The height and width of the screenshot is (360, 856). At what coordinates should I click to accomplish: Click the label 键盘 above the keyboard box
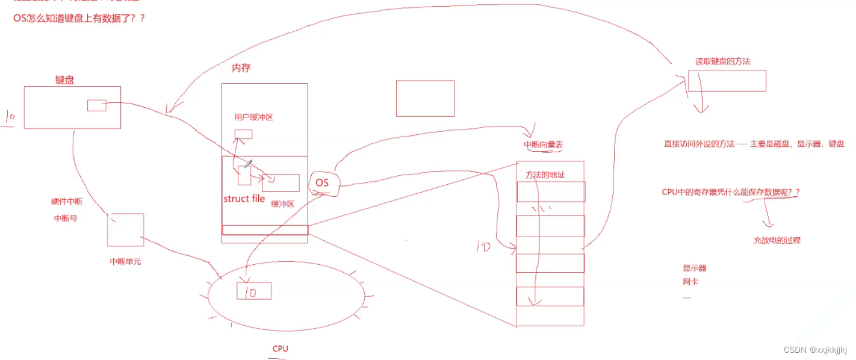pyautogui.click(x=64, y=80)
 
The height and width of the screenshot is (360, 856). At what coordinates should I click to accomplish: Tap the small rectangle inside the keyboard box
pyautogui.click(x=96, y=105)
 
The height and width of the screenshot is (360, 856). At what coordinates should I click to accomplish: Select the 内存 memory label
pyautogui.click(x=241, y=69)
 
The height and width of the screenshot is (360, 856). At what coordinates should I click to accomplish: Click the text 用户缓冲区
pyautogui.click(x=253, y=117)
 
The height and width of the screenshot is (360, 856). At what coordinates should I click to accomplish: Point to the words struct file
pyautogui.click(x=244, y=199)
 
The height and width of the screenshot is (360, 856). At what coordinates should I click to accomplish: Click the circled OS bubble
pyautogui.click(x=323, y=182)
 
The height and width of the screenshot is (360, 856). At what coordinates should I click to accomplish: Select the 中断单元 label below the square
pyautogui.click(x=125, y=262)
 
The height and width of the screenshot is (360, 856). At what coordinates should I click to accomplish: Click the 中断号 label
pyautogui.click(x=66, y=219)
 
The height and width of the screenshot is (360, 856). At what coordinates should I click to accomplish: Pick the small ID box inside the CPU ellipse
pyautogui.click(x=253, y=291)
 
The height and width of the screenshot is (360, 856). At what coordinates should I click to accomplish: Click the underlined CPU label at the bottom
pyautogui.click(x=280, y=349)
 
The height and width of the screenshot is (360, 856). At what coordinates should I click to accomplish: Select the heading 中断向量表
pyautogui.click(x=544, y=145)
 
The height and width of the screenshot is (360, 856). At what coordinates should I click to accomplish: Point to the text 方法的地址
pyautogui.click(x=545, y=175)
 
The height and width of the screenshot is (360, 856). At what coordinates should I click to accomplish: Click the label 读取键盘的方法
pyautogui.click(x=722, y=61)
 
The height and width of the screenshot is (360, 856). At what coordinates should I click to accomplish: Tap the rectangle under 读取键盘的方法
pyautogui.click(x=727, y=81)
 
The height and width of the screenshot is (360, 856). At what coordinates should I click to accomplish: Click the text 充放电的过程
pyautogui.click(x=777, y=240)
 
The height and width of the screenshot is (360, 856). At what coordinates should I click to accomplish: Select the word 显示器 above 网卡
pyautogui.click(x=694, y=268)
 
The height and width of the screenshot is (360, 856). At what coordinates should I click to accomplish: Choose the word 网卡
pyautogui.click(x=690, y=282)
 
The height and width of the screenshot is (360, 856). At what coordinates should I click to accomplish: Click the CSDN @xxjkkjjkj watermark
pyautogui.click(x=819, y=350)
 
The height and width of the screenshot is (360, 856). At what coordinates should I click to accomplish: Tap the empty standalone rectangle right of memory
pyautogui.click(x=425, y=98)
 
